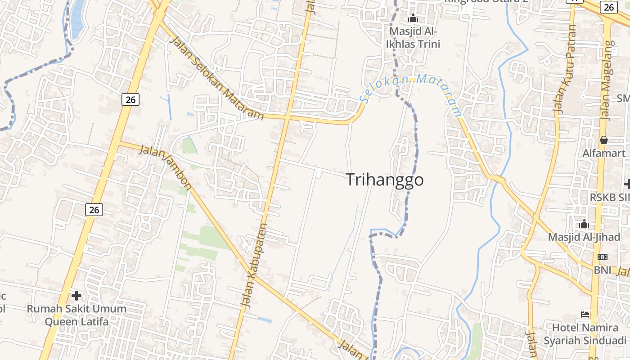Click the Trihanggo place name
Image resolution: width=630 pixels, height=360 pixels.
pyautogui.click(x=385, y=180)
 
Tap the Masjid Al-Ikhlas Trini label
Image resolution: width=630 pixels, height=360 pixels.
pyautogui.click(x=413, y=38)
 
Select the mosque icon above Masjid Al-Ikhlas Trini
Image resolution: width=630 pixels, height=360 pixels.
pyautogui.click(x=413, y=18)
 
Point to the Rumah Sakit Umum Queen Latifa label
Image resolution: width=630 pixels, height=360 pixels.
pyautogui.click(x=76, y=315)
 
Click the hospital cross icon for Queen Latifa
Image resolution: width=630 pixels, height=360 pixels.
pyautogui.click(x=76, y=296)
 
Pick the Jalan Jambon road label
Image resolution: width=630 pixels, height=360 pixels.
pyautogui.click(x=166, y=167)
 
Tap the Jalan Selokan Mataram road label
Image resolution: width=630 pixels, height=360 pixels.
pyautogui.click(x=216, y=78)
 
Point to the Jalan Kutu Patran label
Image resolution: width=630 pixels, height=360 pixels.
pyautogui.click(x=565, y=68)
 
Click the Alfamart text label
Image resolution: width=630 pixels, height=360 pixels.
pyautogui.click(x=604, y=153)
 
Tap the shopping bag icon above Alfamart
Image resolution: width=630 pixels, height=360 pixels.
pyautogui.click(x=604, y=140)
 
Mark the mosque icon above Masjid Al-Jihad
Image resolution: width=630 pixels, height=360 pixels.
pyautogui.click(x=584, y=224)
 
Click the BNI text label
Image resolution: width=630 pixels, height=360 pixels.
pyautogui.click(x=603, y=270)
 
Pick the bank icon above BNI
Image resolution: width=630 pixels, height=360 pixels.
pyautogui.click(x=603, y=257)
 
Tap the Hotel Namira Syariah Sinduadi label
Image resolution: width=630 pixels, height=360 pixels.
pyautogui.click(x=585, y=334)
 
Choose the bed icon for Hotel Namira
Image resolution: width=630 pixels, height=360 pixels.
pyautogui.click(x=585, y=314)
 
